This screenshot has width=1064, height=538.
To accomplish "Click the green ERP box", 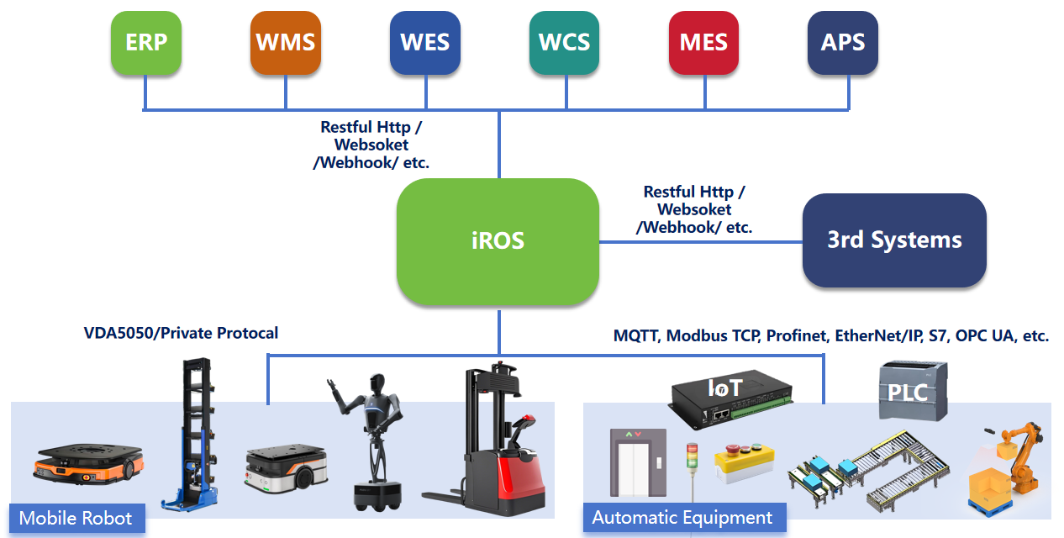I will [x=146, y=43].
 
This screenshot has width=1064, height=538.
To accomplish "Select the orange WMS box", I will [x=286, y=43].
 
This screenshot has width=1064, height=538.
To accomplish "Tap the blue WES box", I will [x=425, y=43].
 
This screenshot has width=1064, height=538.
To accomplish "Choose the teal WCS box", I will [x=565, y=43].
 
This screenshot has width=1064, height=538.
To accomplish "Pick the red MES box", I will [x=703, y=43].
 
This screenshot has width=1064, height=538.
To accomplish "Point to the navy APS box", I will [x=843, y=43].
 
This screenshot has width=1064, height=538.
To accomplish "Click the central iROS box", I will [x=498, y=241].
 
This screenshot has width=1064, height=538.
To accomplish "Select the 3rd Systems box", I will [x=894, y=240].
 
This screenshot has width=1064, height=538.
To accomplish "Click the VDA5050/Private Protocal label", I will [x=181, y=333].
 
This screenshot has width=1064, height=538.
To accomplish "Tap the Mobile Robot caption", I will [x=76, y=518].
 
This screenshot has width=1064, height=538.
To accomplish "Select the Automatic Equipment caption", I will [x=682, y=518].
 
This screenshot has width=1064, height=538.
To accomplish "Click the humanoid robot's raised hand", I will [x=333, y=386].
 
